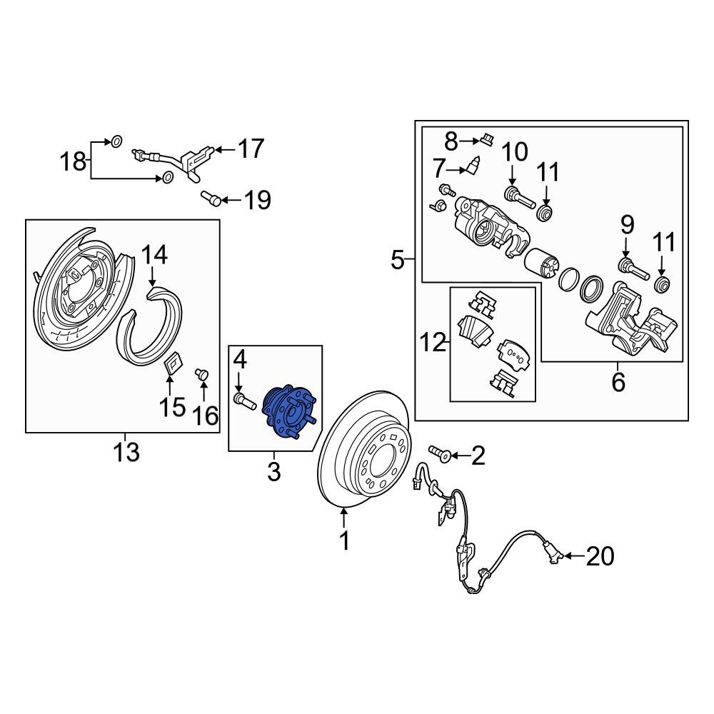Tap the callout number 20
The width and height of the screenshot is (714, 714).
point(600,556)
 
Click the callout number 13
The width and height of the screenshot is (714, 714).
point(126,453)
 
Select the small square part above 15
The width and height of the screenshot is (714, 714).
point(173,365)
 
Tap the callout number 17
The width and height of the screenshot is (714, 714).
point(250,149)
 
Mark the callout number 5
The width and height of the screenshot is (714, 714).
point(398,261)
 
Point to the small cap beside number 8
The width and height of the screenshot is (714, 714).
point(486,138)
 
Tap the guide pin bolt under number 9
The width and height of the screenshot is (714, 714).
point(631,269)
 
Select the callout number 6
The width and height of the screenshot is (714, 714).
point(618,382)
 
